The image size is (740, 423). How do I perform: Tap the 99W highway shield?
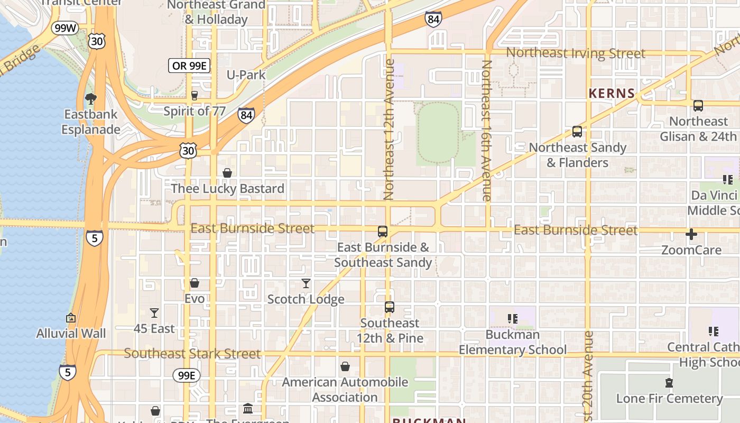(x=65, y=28)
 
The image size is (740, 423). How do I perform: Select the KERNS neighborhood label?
(x=612, y=94)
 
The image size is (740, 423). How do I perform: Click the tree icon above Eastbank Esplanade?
(x=91, y=98)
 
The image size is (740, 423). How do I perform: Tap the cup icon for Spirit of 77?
(x=194, y=96)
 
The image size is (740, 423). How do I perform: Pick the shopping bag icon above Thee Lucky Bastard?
(x=227, y=173)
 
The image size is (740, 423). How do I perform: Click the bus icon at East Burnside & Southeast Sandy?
(x=383, y=231)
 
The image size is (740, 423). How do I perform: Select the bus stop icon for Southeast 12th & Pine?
(x=390, y=307)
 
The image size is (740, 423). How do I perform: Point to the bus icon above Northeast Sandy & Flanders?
(x=577, y=132)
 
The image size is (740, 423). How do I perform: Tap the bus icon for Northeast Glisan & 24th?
(x=698, y=106)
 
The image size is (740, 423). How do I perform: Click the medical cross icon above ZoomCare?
(x=691, y=234)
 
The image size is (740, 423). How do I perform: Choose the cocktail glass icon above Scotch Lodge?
(x=306, y=284)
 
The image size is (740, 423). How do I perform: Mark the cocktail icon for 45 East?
(x=154, y=313)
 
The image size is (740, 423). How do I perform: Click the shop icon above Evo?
(x=195, y=283)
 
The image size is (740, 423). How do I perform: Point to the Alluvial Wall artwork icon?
(x=71, y=318)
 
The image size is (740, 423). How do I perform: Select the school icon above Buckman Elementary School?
(x=512, y=319)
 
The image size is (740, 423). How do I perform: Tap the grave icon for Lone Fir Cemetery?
(x=669, y=383)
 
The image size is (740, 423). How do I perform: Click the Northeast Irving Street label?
(x=576, y=53)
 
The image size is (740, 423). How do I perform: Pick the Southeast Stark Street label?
(x=192, y=354)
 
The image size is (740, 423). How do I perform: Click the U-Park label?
(x=246, y=75)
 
